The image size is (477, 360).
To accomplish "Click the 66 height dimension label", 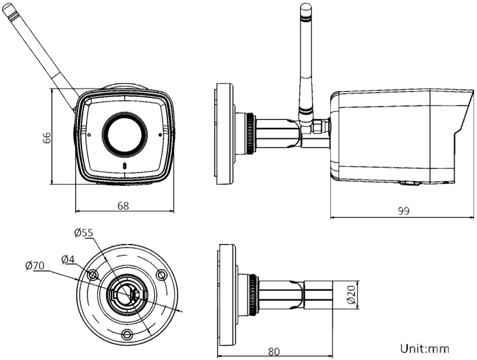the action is point(47,138).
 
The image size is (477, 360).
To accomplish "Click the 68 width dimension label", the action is point(123,206).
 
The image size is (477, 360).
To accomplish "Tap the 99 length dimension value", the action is point(404,211).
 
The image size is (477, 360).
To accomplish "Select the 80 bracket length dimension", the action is point(274,351).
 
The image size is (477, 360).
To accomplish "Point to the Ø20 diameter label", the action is point(351,294).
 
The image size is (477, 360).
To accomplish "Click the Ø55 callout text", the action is point(83,233).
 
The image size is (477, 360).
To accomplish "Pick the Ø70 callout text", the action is point(35,266).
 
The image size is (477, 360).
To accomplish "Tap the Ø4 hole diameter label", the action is point(68,259).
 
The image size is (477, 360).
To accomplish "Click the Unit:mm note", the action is point(425,348).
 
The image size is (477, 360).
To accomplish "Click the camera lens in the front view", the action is point(125,134).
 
